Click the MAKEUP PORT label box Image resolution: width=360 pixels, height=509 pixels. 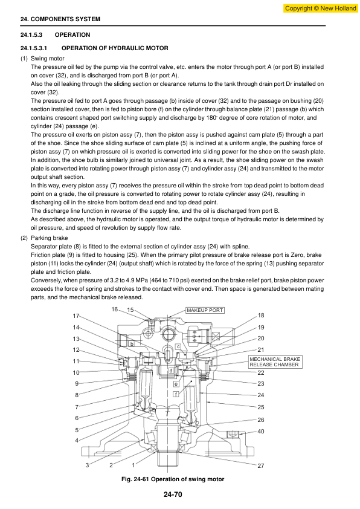pos(205,310)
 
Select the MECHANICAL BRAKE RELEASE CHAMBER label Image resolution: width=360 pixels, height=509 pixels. pos(275,362)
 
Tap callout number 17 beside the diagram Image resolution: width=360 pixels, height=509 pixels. pos(76,316)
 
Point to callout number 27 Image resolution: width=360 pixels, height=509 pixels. pos(261,466)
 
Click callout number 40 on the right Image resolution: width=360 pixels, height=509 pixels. pos(261,432)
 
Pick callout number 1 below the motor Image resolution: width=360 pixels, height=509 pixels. pos(133,465)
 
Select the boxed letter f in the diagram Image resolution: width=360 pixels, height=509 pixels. pos(176,394)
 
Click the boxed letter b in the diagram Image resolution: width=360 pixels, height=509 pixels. pos(132,343)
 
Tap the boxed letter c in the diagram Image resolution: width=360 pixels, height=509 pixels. pos(178,347)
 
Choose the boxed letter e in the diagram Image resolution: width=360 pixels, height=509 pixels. pos(176,384)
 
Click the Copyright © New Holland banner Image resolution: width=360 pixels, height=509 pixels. pos(320,8)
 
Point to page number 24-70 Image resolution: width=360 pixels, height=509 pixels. pos(173,494)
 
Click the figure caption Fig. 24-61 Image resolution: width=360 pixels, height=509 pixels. pos(173,479)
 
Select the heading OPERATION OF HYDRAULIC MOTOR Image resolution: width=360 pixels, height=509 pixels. pos(115,48)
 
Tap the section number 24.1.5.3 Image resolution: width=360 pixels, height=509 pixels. pos(31,34)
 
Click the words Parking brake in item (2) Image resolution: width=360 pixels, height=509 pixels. pos(50,238)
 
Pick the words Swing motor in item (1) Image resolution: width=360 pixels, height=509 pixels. pos(47,59)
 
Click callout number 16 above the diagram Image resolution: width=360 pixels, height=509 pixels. pos(115,310)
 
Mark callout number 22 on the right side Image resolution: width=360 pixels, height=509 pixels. pos(261,372)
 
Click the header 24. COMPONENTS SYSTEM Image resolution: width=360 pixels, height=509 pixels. pos(60,19)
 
